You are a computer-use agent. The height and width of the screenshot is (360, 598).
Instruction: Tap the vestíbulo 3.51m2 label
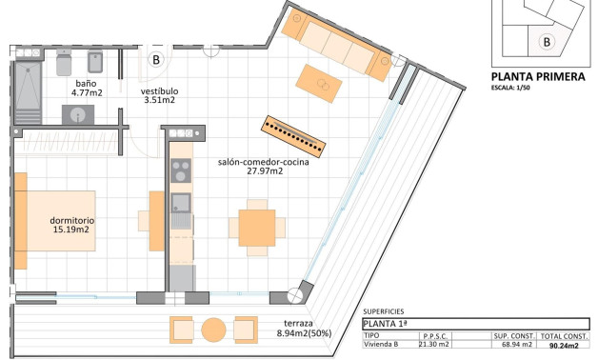(x=160, y=94)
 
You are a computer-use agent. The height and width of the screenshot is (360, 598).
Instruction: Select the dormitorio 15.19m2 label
(x=70, y=225)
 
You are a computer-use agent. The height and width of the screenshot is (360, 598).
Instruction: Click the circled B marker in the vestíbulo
(x=157, y=59)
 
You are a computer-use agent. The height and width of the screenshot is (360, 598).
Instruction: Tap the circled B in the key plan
(x=546, y=41)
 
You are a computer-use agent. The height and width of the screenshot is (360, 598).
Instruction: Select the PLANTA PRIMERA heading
(x=537, y=77)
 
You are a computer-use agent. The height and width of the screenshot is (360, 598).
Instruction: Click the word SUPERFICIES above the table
(x=384, y=311)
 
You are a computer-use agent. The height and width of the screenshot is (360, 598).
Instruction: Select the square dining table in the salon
(x=256, y=228)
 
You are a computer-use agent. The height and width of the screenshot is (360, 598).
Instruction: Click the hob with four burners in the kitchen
(x=180, y=171)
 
